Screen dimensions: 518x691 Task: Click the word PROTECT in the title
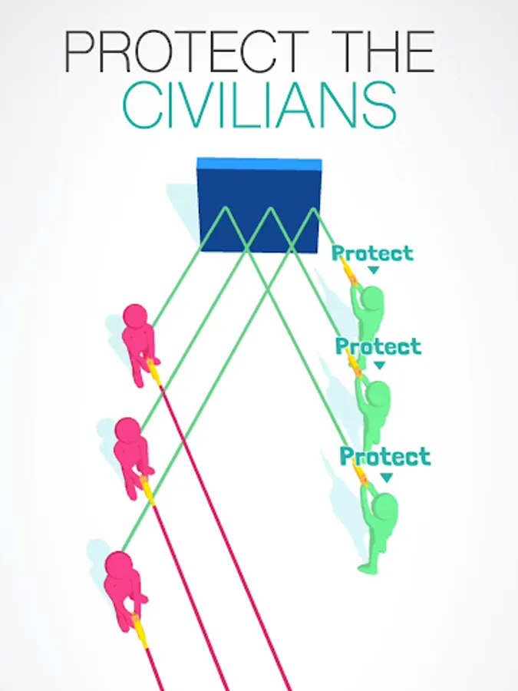click(186, 51)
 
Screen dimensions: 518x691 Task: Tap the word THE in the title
click(383, 51)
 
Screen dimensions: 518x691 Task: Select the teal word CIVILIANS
click(259, 106)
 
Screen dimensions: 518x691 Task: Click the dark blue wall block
click(259, 205)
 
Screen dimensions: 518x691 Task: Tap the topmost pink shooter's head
click(135, 316)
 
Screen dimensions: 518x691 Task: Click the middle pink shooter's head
click(127, 431)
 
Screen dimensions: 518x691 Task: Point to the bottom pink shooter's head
click(118, 564)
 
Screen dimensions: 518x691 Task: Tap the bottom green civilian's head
click(384, 507)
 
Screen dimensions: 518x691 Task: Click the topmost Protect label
click(373, 253)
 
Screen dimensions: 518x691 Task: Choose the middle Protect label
click(378, 346)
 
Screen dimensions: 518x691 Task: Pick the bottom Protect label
click(385, 456)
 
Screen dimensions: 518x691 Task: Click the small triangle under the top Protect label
click(373, 269)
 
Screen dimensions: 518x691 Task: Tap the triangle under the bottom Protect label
click(386, 478)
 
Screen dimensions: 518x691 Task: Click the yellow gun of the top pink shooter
click(153, 372)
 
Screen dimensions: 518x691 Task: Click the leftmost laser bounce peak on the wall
click(225, 207)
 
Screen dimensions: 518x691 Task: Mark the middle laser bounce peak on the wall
click(270, 208)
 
